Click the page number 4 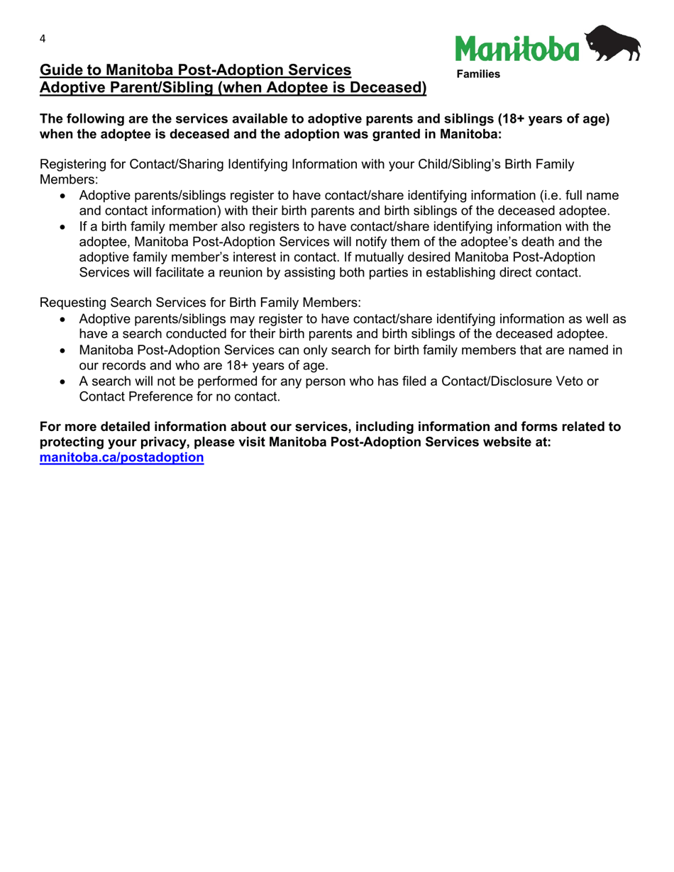pyautogui.click(x=43, y=40)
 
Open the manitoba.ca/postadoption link pyautogui.click(x=122, y=457)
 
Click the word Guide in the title pyautogui.click(x=59, y=70)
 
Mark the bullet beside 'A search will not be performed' pyautogui.click(x=65, y=382)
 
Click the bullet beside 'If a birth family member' pyautogui.click(x=65, y=227)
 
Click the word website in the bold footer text pyautogui.click(x=525, y=442)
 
